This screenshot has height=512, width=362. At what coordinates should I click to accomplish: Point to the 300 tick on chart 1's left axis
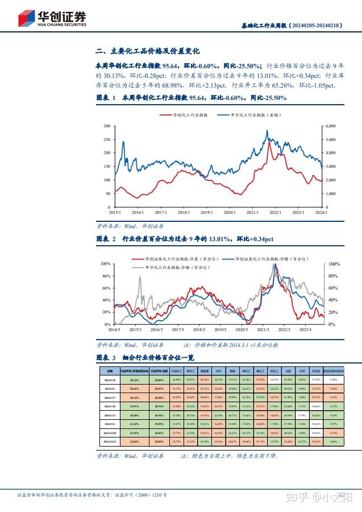coord(107,126)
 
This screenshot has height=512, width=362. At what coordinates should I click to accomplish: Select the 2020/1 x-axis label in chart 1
coord(229,213)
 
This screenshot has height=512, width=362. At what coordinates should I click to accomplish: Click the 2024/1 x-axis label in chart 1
coord(322,213)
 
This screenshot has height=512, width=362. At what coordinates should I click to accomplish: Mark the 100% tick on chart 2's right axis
coord(334,265)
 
